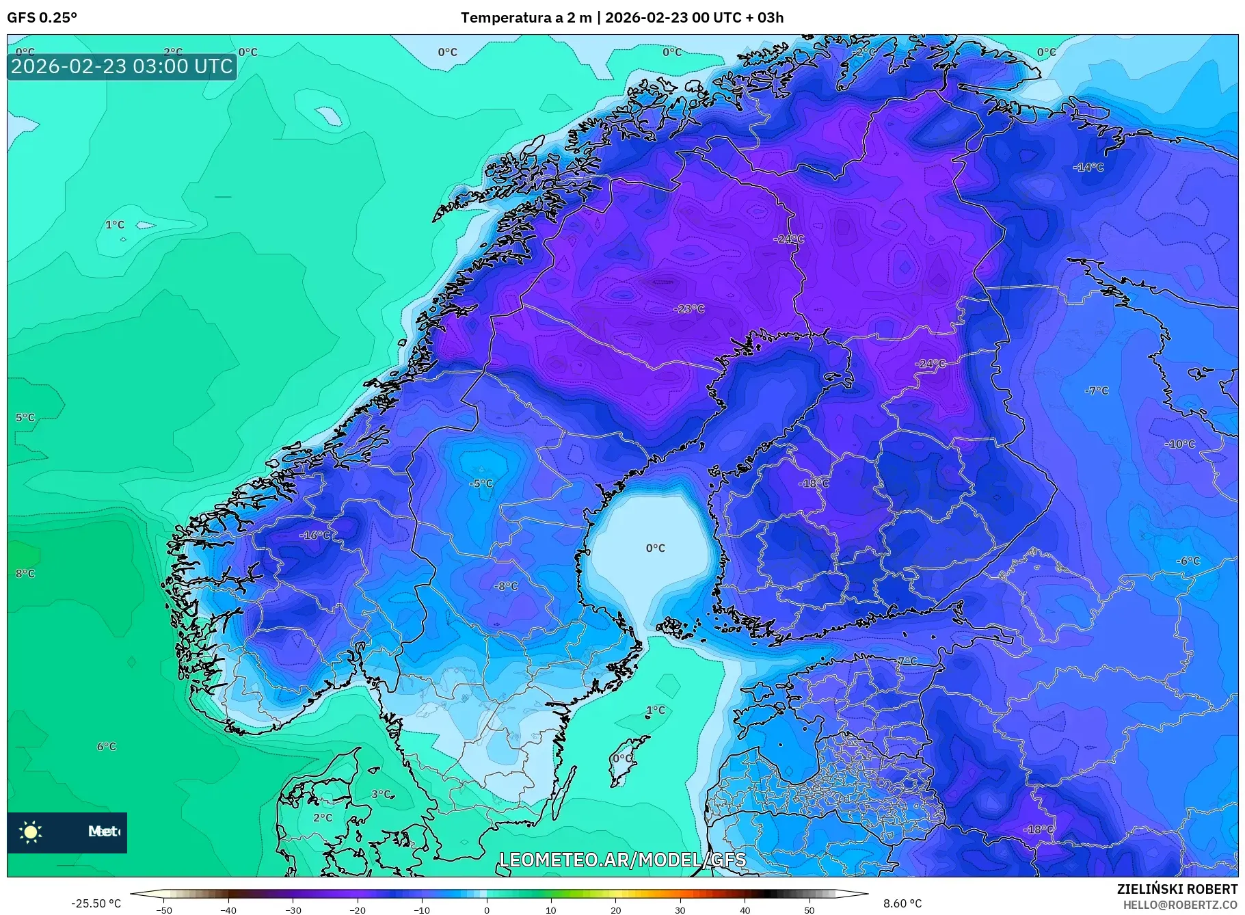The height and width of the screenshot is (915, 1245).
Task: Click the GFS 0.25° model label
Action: (42, 18)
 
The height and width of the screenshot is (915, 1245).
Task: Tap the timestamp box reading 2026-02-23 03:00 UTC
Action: (122, 66)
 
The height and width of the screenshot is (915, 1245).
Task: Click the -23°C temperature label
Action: (688, 309)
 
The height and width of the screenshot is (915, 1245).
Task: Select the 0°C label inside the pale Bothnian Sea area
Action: (655, 548)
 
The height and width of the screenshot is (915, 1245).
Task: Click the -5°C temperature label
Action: (481, 483)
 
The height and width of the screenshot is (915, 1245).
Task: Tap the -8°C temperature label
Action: (506, 586)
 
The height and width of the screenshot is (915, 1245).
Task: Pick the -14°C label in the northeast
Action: (1088, 167)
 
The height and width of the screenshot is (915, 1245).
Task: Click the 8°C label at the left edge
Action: (25, 574)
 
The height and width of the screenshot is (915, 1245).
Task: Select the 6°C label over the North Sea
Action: (106, 747)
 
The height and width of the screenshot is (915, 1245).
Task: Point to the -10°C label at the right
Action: (1180, 445)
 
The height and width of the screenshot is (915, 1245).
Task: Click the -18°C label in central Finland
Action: (814, 483)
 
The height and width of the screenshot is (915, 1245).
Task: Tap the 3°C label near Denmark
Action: (381, 795)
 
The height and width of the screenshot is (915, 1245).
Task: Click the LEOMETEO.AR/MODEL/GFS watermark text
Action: (622, 860)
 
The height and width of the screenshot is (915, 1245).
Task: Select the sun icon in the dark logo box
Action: (31, 832)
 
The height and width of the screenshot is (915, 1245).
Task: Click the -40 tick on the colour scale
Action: (228, 910)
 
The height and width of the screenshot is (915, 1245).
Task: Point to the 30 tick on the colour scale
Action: (680, 910)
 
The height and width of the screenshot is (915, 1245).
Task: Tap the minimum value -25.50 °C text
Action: (96, 903)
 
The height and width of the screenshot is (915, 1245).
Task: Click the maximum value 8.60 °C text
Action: (902, 903)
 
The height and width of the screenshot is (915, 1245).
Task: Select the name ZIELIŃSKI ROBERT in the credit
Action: (1177, 889)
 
